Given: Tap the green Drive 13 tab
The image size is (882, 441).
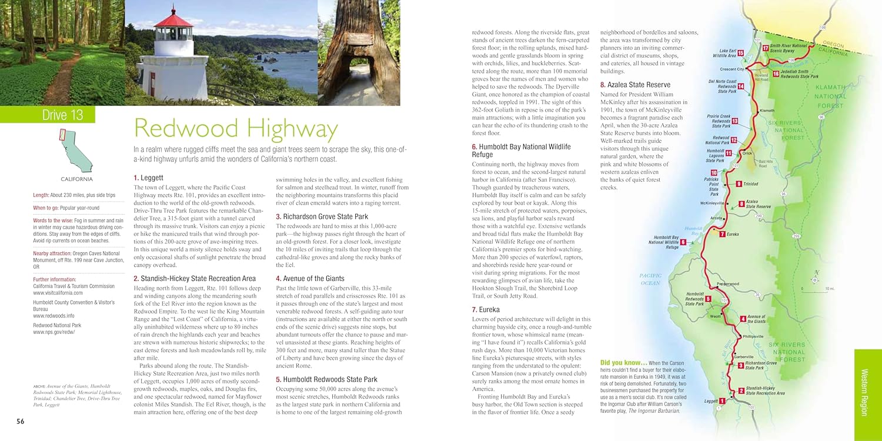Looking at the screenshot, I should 62,115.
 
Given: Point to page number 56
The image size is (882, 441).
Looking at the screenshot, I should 20,420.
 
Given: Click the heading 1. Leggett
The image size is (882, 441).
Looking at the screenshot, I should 148,177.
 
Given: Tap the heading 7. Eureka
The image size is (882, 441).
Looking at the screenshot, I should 485,309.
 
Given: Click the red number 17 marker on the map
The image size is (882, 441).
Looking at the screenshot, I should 766,48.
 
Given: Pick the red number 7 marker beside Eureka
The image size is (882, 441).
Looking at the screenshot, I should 722,234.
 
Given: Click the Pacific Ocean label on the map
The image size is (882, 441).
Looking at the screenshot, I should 650,279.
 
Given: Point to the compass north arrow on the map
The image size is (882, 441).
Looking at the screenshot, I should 815,274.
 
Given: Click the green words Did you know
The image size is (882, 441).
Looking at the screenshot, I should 623,363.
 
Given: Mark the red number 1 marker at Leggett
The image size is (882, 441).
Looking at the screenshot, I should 722,402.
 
